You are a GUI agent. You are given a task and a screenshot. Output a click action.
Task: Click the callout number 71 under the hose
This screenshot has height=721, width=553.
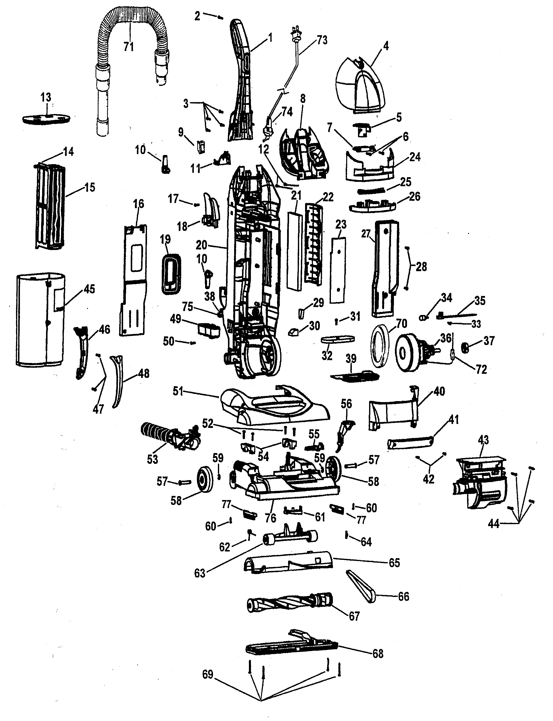click(x=129, y=47)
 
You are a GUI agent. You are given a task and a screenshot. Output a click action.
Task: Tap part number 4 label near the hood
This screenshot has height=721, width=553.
click(x=386, y=46)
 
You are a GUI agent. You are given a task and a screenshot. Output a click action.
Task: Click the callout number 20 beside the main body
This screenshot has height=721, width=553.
click(x=201, y=245)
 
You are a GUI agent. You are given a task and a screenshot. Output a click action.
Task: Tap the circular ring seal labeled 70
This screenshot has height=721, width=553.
click(x=380, y=345)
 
